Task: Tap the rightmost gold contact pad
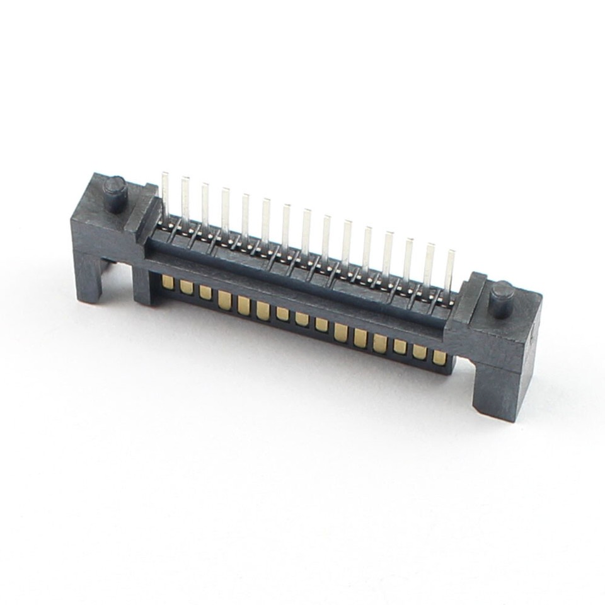[439, 358]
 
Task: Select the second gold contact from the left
[186, 287]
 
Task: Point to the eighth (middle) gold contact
[302, 319]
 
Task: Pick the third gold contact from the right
[400, 346]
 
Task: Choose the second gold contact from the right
[420, 352]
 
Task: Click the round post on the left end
[115, 190]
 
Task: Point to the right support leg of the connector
[498, 391]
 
